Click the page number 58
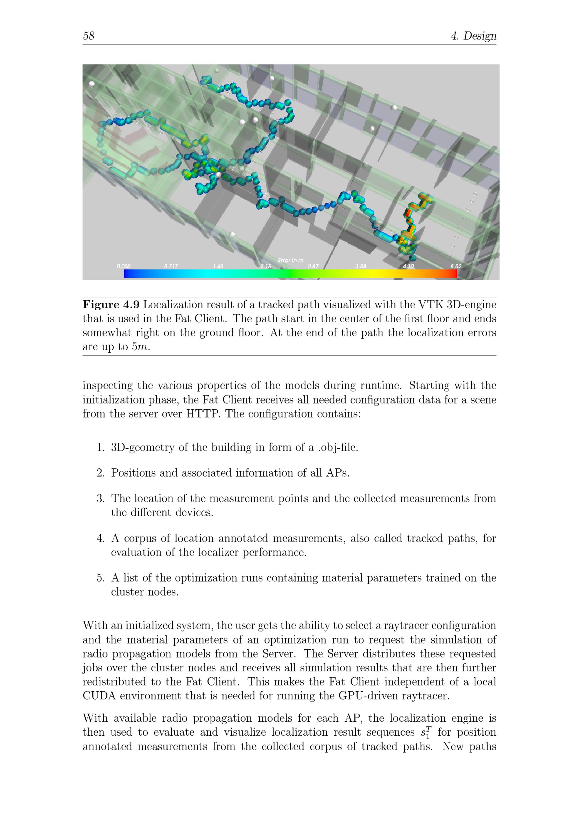point(89,36)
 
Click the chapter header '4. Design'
point(473,36)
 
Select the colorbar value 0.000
point(123,266)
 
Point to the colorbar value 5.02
point(456,266)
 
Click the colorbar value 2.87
point(313,266)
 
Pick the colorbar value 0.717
point(171,266)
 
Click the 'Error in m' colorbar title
point(290,260)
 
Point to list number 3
point(100,498)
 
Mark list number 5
point(100,578)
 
